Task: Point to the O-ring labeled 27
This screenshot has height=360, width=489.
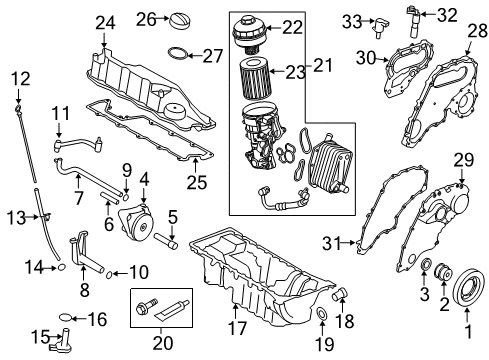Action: tap(176, 54)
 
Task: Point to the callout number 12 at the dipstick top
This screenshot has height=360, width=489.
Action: tap(20, 78)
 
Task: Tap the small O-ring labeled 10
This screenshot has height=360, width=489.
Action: tap(109, 271)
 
